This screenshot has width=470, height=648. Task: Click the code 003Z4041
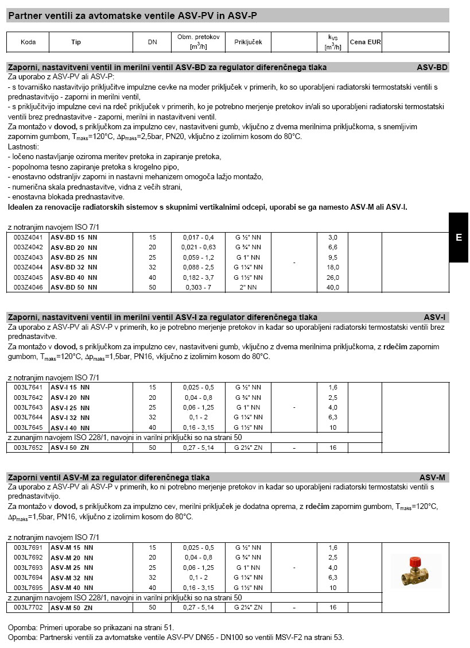coord(28,237)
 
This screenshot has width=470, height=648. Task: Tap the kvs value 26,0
coord(333,277)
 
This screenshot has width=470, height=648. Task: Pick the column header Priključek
coord(248,43)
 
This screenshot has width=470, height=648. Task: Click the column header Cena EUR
coord(365,43)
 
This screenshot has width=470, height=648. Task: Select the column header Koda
coord(28,43)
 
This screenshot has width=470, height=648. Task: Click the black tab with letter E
coord(459,237)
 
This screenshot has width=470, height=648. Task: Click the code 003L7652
coord(28,448)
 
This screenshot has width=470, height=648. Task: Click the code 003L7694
coord(28,577)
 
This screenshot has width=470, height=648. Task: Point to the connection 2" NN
coord(248,287)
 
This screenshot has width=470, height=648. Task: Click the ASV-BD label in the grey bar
coord(432,67)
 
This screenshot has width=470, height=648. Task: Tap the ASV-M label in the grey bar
coord(432,477)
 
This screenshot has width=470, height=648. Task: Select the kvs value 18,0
coord(333,267)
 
